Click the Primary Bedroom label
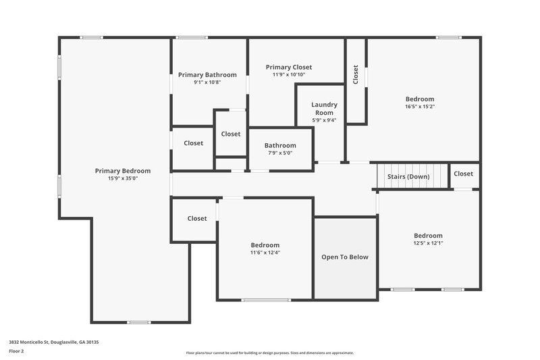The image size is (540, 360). click(122, 171)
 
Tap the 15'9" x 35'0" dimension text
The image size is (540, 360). click(122, 179)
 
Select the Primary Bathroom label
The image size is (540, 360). click(207, 75)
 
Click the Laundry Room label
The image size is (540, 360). click(324, 109)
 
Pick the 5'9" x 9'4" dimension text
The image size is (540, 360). click(324, 120)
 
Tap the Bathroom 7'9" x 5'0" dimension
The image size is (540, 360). click(280, 153)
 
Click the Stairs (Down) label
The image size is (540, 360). click(408, 176)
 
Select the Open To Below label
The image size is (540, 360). click(345, 257)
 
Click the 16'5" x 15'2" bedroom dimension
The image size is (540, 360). click(419, 107)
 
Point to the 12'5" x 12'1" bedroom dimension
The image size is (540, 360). click(428, 243)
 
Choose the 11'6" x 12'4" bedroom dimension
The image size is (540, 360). click(265, 253)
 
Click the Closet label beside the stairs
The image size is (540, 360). click(464, 174)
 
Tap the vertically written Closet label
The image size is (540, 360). click(356, 74)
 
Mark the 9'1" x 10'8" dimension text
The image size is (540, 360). click(207, 82)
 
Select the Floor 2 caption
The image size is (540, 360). click(17, 351)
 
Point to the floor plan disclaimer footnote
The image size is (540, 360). click(269, 353)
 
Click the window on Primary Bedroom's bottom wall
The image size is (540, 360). click(139, 322)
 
